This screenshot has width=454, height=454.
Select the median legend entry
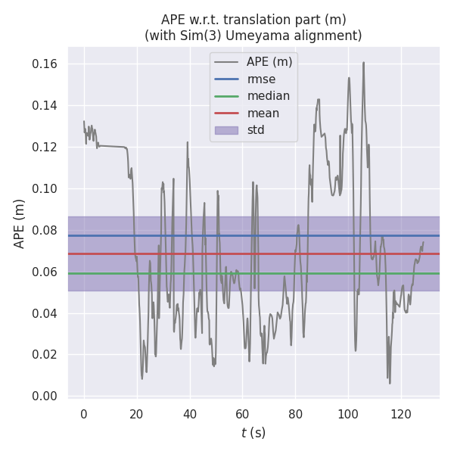pyautogui.click(x=269, y=96)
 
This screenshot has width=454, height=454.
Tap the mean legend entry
pyautogui.click(x=263, y=113)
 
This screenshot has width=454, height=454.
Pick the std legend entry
pyautogui.click(x=260, y=130)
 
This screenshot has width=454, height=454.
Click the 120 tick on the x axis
pyautogui.click(x=401, y=414)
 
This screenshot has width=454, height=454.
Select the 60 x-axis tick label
pyautogui.click(x=242, y=414)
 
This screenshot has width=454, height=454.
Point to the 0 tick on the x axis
pyautogui.click(x=84, y=414)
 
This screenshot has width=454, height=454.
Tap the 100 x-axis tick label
pyautogui.click(x=348, y=414)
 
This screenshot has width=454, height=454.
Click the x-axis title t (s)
pyautogui.click(x=253, y=434)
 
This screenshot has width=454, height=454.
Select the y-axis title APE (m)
pyautogui.click(x=20, y=223)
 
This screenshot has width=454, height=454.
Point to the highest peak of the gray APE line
pyautogui.click(x=363, y=63)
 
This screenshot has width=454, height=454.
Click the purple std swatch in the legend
pyautogui.click(x=226, y=130)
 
